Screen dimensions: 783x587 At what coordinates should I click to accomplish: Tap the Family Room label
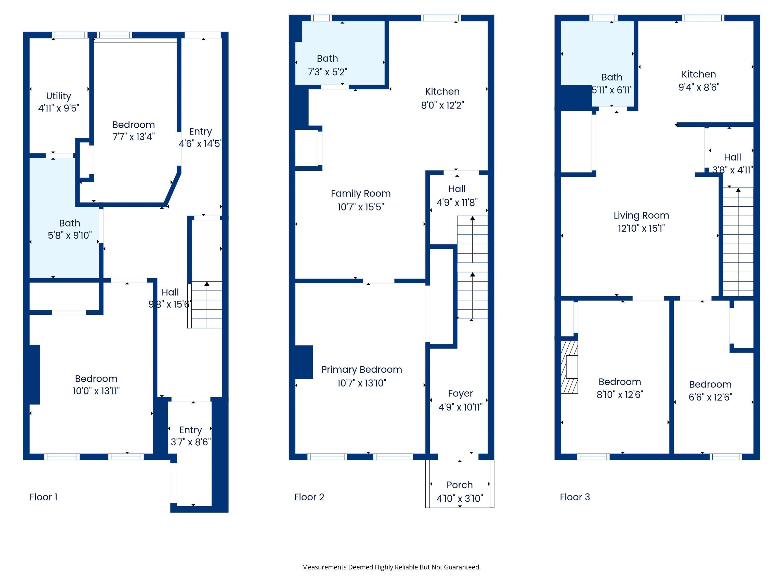[361, 194]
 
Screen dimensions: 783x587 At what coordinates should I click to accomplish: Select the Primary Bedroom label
[361, 370]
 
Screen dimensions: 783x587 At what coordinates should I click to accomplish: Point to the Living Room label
[641, 216]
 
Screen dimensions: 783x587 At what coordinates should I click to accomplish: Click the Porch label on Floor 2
[460, 485]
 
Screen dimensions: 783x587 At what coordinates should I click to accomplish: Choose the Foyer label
[460, 393]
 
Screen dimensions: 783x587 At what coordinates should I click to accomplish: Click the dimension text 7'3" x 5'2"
[328, 72]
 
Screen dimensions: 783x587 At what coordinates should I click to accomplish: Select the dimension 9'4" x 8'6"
[699, 87]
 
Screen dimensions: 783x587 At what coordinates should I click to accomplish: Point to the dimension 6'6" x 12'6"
[710, 397]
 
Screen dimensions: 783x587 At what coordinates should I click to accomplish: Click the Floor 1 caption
[43, 497]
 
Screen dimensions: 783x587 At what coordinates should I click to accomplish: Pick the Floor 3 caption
[575, 497]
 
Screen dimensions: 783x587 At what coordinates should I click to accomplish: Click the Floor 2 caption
[309, 497]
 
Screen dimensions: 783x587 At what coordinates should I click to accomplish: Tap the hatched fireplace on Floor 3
[569, 367]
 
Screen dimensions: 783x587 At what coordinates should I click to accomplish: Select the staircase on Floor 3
[738, 242]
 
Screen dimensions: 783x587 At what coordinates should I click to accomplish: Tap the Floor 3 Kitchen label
[699, 74]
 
